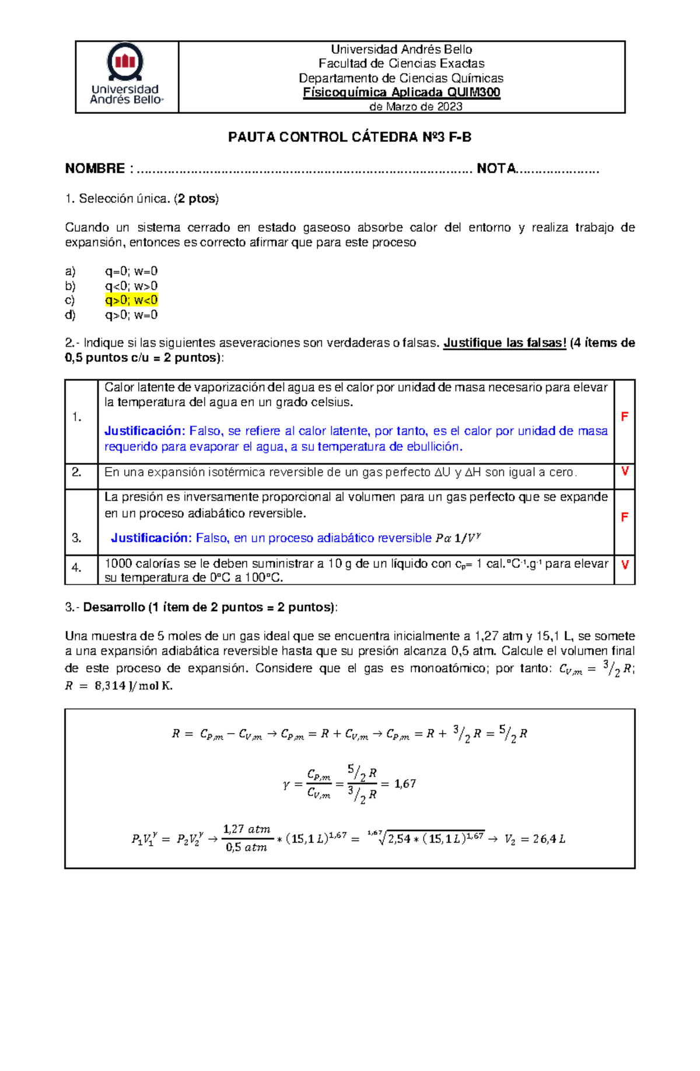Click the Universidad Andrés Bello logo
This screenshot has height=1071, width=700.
point(126,75)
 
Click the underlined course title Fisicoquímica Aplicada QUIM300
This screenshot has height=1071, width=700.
point(401,92)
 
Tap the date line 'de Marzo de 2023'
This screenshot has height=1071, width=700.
point(416,106)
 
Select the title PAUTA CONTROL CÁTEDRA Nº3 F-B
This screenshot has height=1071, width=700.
point(349,137)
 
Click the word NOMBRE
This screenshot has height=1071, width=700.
point(94,169)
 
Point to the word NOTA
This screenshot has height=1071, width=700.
point(496,169)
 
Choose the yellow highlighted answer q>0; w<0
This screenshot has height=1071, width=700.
point(131,300)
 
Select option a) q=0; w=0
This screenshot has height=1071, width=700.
point(131,271)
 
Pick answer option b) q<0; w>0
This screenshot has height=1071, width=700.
point(131,285)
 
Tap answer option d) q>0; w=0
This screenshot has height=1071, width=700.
point(131,315)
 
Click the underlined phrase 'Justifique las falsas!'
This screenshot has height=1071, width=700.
point(505,343)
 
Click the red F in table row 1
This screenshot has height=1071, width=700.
point(624,417)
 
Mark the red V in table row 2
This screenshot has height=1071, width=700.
point(625,471)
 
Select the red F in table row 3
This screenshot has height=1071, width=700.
point(624,517)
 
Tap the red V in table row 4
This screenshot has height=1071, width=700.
point(625,564)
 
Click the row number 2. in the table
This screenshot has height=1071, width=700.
point(76,472)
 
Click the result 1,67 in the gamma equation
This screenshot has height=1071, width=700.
point(405,784)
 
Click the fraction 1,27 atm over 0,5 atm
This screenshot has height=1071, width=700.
point(246,838)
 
